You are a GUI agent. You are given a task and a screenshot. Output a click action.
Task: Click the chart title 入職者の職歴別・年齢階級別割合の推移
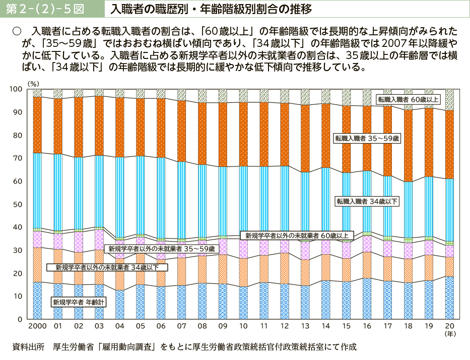[x=204, y=9]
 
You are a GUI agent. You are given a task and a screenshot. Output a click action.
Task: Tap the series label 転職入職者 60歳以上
[x=409, y=99]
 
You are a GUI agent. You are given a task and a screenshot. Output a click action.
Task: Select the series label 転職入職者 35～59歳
[x=367, y=138]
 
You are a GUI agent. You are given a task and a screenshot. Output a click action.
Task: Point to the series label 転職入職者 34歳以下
[x=367, y=201]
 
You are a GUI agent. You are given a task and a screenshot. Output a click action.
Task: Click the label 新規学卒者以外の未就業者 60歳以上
[x=297, y=235]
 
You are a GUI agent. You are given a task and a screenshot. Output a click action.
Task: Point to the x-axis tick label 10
[x=243, y=326]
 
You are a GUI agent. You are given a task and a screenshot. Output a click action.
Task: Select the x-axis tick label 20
[x=449, y=326]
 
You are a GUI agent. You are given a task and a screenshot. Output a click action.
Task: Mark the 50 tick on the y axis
[x=18, y=204]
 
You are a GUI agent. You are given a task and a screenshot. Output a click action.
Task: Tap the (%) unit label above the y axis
[x=33, y=82]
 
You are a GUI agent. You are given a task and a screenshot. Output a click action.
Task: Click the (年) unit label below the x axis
[x=449, y=334]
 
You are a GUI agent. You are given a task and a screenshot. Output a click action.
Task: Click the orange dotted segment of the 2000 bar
[x=37, y=125]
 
